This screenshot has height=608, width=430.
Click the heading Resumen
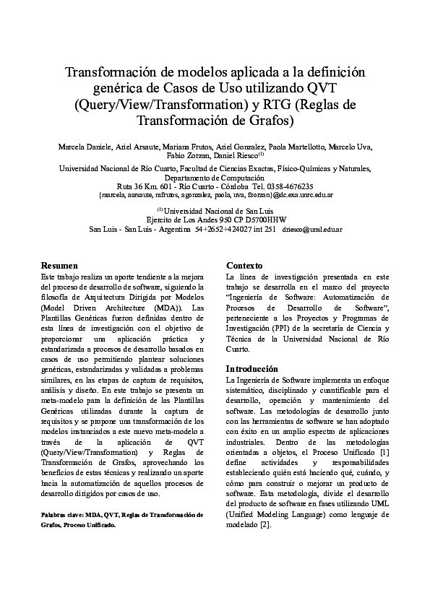pos(59,266)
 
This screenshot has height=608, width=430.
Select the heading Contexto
pos(244,266)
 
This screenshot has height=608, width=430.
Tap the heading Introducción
pos(252,369)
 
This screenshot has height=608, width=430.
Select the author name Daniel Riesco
pos(238,157)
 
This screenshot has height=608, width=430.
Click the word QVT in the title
pos(328,88)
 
